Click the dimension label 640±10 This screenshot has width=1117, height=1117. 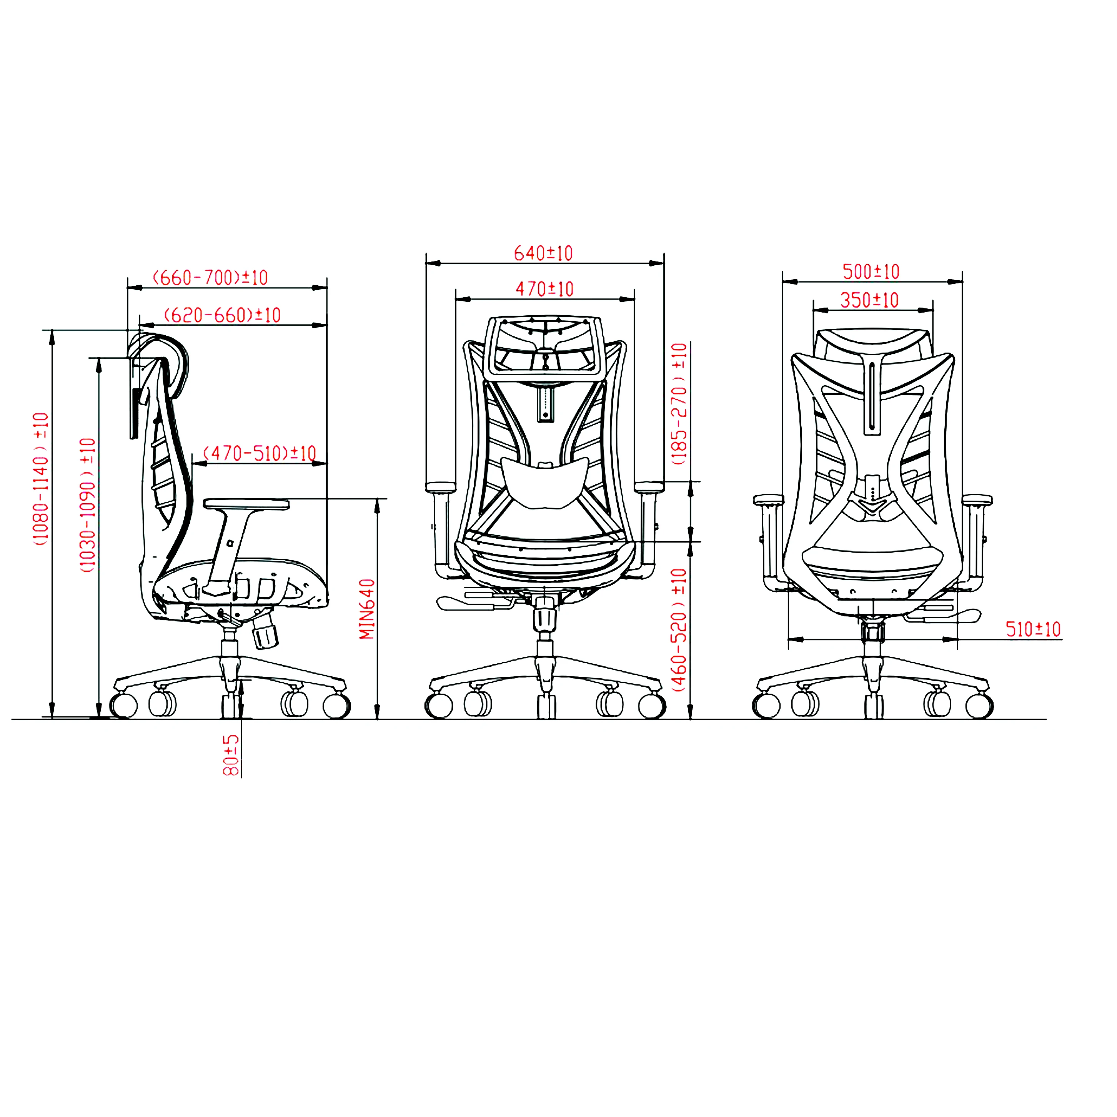pos(543,253)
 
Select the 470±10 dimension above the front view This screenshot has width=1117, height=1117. pos(544,289)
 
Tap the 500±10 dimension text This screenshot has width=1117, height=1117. pos(871,272)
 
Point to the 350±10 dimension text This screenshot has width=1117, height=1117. pos(869,300)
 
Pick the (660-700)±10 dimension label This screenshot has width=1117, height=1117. pos(210,278)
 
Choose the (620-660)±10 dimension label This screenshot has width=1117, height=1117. pos(223,315)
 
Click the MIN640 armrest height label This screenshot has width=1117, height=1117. pos(367,609)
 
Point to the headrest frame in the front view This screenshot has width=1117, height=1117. pos(544,347)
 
